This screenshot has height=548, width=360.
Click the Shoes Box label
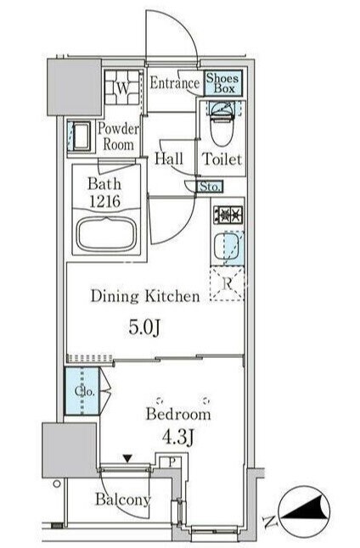[x=222, y=83]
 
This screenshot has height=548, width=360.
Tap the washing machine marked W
[x=122, y=87]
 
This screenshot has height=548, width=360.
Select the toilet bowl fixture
[x=222, y=124]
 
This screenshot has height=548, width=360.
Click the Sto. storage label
[x=209, y=187]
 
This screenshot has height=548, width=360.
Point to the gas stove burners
[x=228, y=215]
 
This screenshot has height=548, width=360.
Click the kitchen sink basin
[x=228, y=247]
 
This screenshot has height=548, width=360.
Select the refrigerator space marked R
[x=227, y=283]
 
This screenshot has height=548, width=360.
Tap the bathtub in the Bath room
[x=106, y=233]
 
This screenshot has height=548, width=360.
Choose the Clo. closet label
[x=85, y=391]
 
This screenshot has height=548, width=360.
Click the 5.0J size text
[x=144, y=327]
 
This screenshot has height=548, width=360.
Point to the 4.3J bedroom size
[x=177, y=437]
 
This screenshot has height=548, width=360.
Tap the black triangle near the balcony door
[x=127, y=458]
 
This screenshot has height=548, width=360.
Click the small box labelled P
[x=172, y=461]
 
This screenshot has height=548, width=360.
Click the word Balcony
[x=123, y=499]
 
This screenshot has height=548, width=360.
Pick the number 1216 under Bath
[x=105, y=201]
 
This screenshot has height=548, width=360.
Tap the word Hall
[x=169, y=159]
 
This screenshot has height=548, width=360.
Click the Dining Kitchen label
[x=145, y=296]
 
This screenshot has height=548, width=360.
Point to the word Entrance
[x=175, y=83]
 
